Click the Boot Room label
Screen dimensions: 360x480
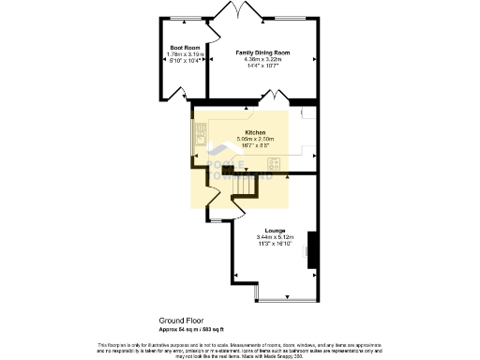(185, 47)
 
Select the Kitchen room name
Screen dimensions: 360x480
(255, 133)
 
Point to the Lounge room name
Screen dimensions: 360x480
(275, 230)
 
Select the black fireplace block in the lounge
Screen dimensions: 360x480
(313, 249)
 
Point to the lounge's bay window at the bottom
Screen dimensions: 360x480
(286, 299)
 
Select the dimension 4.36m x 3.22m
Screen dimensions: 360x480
(262, 61)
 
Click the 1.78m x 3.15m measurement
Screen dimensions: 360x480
(185, 53)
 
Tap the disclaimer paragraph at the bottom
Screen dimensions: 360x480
(240, 348)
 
